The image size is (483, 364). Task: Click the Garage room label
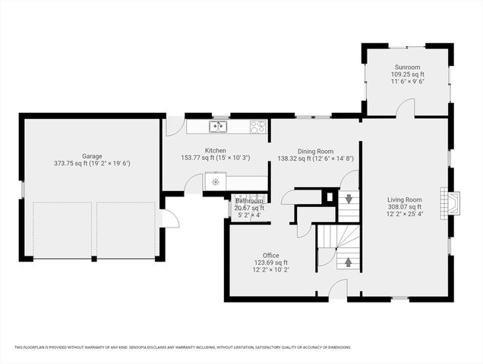[x=93, y=156]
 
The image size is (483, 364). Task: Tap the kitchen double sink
[x=219, y=127]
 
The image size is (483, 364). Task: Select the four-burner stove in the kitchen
[x=258, y=127]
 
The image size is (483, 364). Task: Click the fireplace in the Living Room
[x=453, y=203]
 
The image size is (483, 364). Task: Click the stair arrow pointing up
[x=349, y=262]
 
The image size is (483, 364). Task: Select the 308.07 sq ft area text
[x=404, y=207]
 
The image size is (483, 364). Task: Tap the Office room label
[x=271, y=256]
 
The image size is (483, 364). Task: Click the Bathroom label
[x=249, y=201]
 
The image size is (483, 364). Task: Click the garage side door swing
[x=169, y=219]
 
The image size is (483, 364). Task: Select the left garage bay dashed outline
[x=63, y=230]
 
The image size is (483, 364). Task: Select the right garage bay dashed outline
[x=126, y=230]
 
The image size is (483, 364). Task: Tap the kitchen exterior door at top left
[x=175, y=126]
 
